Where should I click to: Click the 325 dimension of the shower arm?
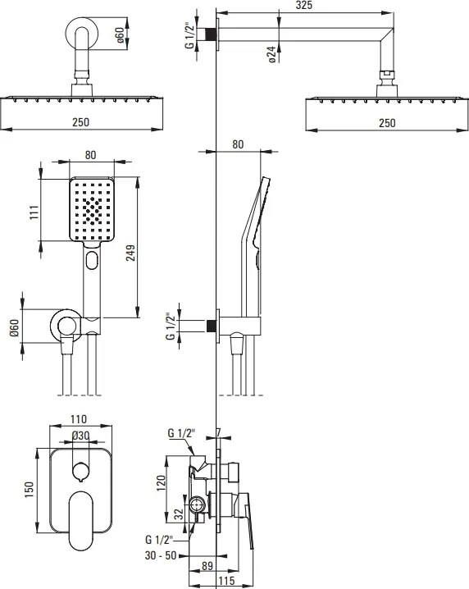303,5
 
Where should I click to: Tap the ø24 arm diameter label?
272,54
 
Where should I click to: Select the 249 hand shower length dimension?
130,253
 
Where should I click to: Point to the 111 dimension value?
34,212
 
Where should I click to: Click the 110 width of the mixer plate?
79,419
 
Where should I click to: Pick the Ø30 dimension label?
80,436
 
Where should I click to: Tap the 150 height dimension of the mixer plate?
29,490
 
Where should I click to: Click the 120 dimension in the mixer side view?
161,482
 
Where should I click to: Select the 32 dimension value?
180,514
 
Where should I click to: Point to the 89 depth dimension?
207,566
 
